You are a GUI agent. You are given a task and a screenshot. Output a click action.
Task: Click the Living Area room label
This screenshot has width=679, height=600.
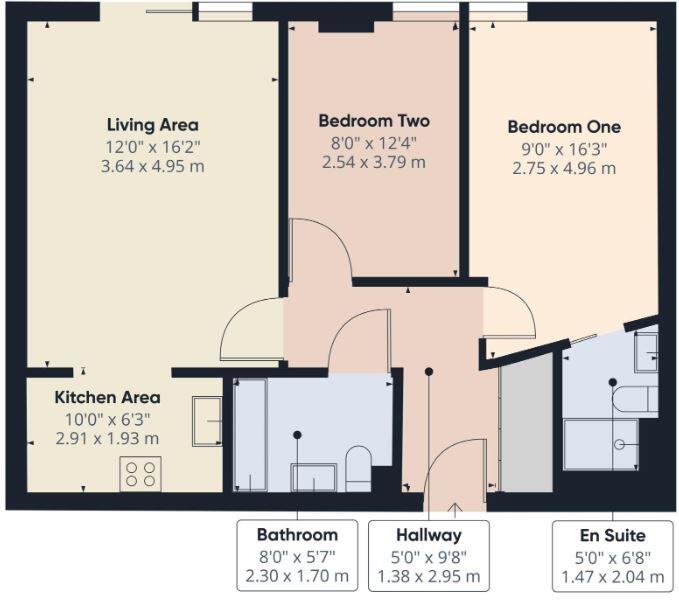tap(152, 125)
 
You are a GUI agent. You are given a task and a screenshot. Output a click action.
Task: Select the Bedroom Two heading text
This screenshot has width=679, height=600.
tap(374, 121)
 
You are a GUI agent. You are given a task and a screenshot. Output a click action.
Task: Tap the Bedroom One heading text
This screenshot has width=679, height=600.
tap(564, 127)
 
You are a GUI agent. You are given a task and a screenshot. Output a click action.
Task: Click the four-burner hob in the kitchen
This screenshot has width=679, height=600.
tap(140, 473)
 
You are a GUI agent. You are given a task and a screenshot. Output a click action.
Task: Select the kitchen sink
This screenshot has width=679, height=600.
tap(207, 420)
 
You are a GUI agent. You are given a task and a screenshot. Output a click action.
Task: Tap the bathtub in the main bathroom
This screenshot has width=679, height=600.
tap(250, 435)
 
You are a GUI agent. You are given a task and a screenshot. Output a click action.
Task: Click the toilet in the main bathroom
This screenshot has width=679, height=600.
tap(358, 467)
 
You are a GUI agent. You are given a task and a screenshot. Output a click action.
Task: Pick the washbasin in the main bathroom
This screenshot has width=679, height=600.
tap(313, 479)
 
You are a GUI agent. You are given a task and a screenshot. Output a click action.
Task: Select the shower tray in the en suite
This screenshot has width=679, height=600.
tap(600, 444)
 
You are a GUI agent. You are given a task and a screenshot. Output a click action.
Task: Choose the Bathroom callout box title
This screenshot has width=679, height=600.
tap(297, 535)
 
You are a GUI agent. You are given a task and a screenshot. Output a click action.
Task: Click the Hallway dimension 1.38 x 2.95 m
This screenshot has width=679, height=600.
tap(429, 577)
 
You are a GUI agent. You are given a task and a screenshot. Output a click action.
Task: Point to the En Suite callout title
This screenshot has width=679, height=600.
tap(613, 535)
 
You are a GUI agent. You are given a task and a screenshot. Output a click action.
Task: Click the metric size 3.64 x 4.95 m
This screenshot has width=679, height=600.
tap(152, 166)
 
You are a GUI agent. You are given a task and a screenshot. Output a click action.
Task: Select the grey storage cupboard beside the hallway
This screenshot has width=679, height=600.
tap(525, 424)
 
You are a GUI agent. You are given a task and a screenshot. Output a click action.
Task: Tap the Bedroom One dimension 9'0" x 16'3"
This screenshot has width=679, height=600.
tap(564, 148)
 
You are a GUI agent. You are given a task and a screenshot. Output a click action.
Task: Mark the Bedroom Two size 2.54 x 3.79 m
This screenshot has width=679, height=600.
tap(374, 162)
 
